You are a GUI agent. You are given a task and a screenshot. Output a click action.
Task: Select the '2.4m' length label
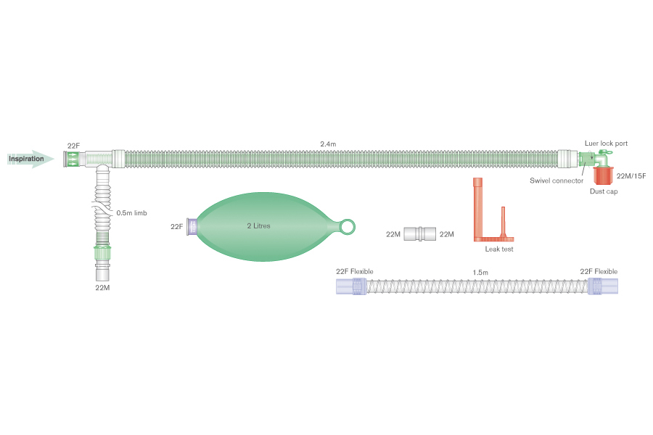(x=328, y=144)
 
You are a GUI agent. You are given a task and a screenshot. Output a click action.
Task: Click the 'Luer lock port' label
(x=606, y=144)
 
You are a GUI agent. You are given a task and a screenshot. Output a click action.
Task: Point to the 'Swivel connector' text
(x=557, y=181)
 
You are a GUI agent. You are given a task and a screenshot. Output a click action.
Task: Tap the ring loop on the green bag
(x=348, y=227)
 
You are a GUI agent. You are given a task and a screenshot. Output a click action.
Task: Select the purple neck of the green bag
(x=192, y=227)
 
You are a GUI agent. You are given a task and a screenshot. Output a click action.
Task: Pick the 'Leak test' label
(x=499, y=249)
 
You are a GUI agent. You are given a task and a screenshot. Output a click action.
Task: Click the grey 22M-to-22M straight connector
(x=420, y=233)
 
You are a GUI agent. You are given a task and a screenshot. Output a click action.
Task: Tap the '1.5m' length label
(x=480, y=272)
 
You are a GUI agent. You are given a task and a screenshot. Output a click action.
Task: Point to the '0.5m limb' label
(x=131, y=213)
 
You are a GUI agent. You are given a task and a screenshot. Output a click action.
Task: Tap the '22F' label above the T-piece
(x=74, y=146)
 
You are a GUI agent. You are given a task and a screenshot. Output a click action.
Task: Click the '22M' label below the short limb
(x=102, y=288)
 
